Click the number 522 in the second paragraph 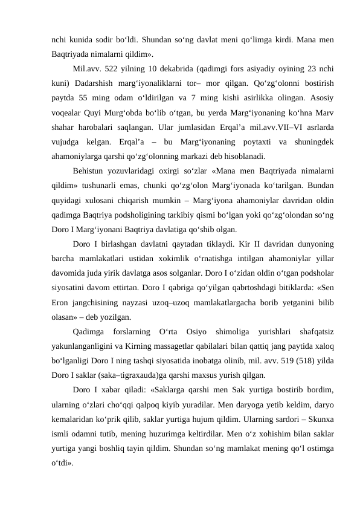click(x=113, y=68)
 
